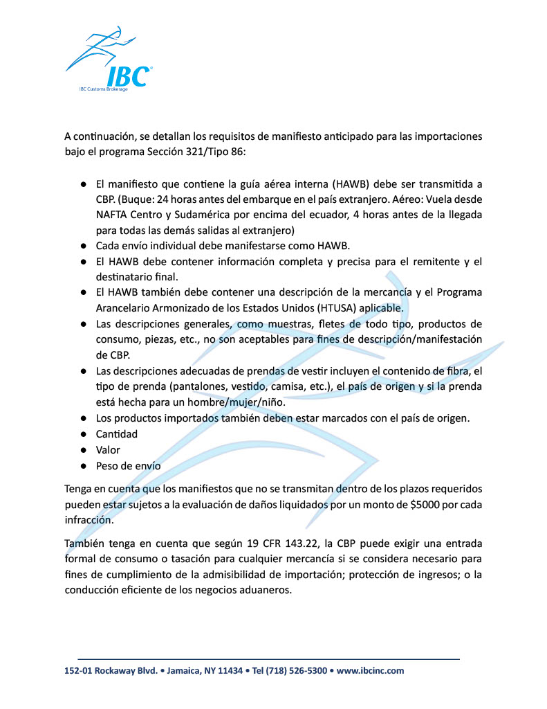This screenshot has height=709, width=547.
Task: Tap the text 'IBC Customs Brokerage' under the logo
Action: [x=104, y=90]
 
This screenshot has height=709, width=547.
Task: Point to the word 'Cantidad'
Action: [x=117, y=434]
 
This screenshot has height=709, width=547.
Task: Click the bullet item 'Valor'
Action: [x=108, y=450]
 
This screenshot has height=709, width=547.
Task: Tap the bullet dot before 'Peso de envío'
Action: [x=82, y=466]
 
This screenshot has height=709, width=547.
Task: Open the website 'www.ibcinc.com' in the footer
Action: [x=371, y=671]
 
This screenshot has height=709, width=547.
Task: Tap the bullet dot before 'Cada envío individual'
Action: [x=82, y=246]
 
